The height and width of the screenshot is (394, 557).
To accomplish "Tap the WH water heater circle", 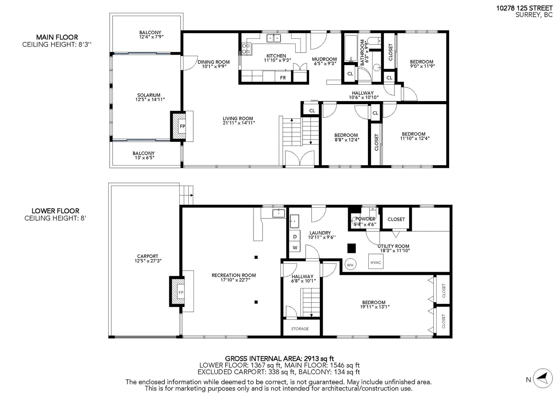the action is click(350, 264).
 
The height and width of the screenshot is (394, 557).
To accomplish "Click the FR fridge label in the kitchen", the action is click(283, 78).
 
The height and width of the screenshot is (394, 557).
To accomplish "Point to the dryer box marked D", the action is click(295, 236).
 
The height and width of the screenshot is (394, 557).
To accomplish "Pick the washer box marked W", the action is click(295, 247).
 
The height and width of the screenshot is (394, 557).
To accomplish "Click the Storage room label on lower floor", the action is click(300, 329).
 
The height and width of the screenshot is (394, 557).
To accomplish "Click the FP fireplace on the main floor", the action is click(182, 126).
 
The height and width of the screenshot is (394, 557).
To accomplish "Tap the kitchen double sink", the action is click(274, 38).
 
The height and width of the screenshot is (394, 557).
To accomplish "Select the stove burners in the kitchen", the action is click(246, 48).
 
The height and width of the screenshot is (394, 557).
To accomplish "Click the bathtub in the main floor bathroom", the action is click(351, 48).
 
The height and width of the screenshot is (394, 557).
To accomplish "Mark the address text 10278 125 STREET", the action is click(524, 8).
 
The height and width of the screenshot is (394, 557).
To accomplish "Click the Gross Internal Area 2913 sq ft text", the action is click(280, 359).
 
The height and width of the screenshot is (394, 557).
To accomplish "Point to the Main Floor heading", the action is click(57, 37).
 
